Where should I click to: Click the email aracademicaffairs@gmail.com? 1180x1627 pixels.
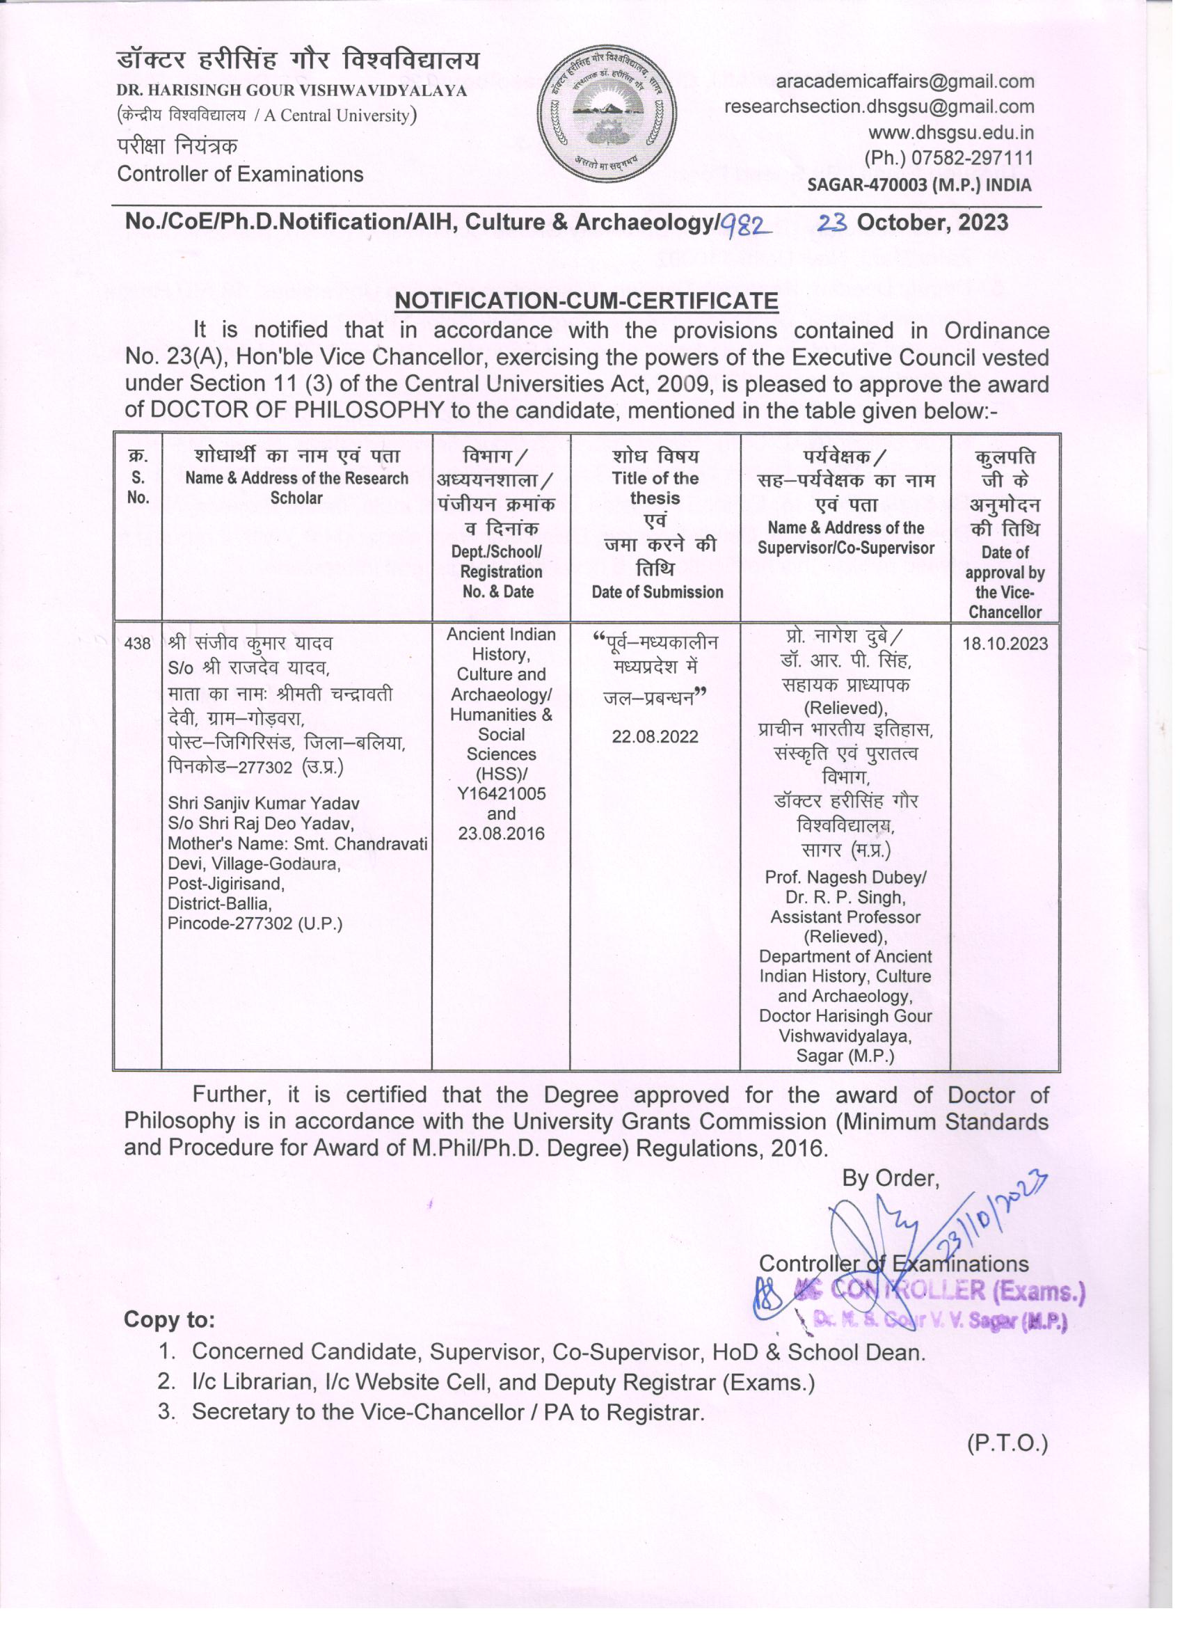pyautogui.click(x=904, y=82)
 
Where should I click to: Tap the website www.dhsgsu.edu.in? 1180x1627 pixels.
pyautogui.click(x=951, y=133)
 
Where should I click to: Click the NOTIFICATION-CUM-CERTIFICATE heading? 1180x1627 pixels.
pyautogui.click(x=587, y=301)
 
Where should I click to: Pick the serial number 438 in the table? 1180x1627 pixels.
pyautogui.click(x=137, y=644)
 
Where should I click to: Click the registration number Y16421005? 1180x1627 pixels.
pyautogui.click(x=501, y=793)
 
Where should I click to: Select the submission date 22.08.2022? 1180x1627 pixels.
pyautogui.click(x=654, y=737)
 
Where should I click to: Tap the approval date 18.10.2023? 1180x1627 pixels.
pyautogui.click(x=1004, y=644)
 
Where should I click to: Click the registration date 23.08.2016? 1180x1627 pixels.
pyautogui.click(x=501, y=834)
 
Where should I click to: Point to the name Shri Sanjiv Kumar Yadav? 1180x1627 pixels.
pyautogui.click(x=263, y=804)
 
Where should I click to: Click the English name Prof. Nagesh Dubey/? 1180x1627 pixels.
pyautogui.click(x=845, y=878)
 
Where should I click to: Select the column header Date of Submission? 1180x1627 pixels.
pyautogui.click(x=656, y=592)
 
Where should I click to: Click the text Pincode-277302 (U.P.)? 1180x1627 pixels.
pyautogui.click(x=255, y=923)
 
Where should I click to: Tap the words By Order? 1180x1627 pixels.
pyautogui.click(x=890, y=1178)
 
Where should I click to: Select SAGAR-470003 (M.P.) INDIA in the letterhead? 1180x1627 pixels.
pyautogui.click(x=919, y=185)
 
